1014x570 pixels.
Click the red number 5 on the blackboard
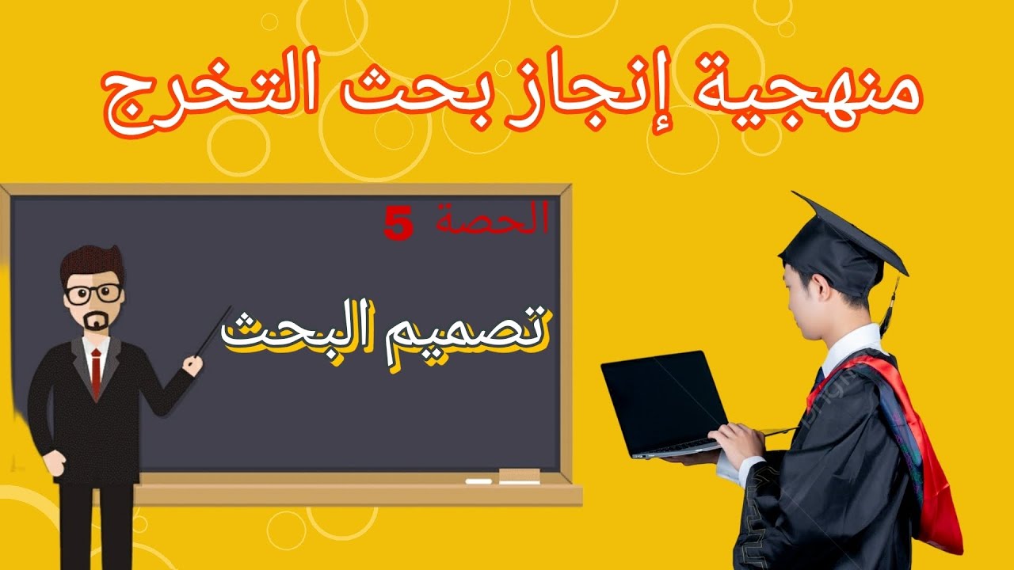(x=398, y=224)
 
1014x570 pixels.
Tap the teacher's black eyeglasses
(x=94, y=293)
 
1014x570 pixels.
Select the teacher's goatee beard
(x=96, y=323)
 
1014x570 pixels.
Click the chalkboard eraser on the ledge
(x=519, y=476)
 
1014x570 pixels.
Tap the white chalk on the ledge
(x=478, y=481)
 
